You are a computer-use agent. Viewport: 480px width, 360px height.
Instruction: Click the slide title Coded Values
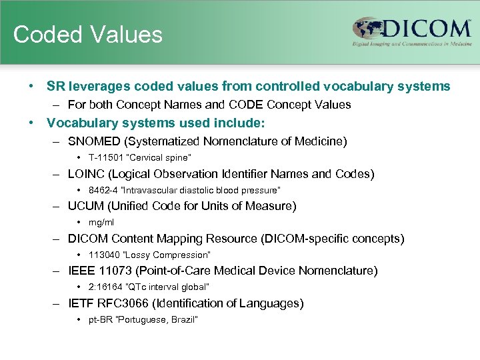(x=87, y=35)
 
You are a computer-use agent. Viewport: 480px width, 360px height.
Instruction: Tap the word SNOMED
(x=95, y=141)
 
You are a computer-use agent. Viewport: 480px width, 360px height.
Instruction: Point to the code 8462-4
(x=103, y=190)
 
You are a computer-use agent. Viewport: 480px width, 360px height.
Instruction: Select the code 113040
(x=104, y=255)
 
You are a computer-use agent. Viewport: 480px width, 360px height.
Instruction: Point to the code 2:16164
(x=105, y=287)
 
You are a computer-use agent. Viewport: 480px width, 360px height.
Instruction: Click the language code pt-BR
(x=101, y=319)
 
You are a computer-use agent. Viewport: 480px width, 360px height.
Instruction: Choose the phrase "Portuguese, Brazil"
(x=158, y=319)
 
